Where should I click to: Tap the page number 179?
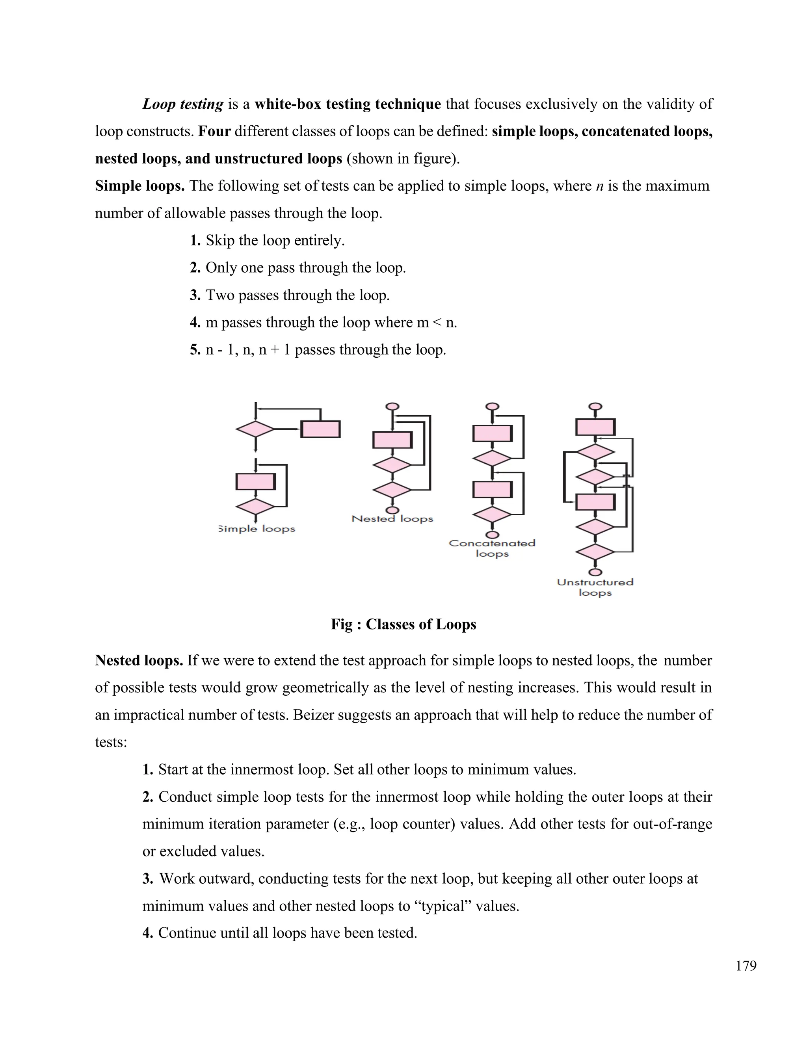tap(746, 966)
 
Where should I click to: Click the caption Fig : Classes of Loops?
tap(403, 624)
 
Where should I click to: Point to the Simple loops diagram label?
tap(257, 529)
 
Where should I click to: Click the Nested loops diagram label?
tap(392, 519)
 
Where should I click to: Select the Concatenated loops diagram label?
tap(492, 548)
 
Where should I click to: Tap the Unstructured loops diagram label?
tap(595, 587)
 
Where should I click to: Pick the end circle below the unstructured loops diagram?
tap(595, 572)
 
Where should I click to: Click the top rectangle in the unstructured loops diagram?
tap(595, 427)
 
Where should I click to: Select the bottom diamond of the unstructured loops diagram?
tap(595, 552)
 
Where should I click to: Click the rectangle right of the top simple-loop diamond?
tap(320, 429)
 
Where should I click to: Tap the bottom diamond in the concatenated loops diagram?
tap(492, 515)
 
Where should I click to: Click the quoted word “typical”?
tap(441, 906)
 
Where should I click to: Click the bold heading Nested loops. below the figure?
tap(139, 660)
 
